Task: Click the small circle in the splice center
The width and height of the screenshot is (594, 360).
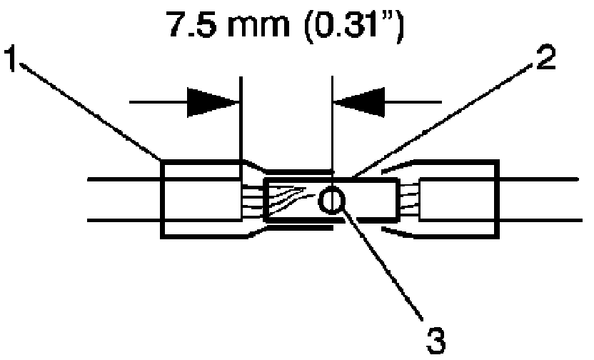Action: click(x=330, y=201)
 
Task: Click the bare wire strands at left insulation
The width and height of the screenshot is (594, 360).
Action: click(x=251, y=200)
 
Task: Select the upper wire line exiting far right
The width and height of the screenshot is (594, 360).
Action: click(x=543, y=179)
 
